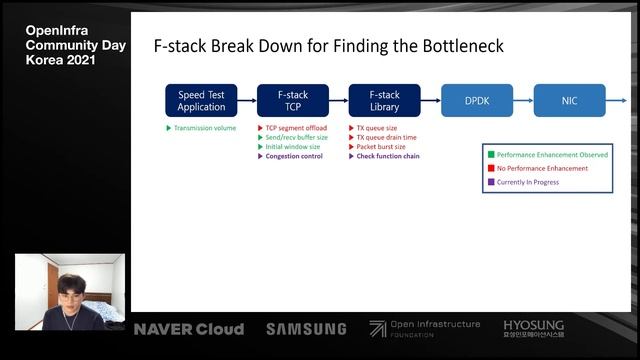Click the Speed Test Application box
tap(201, 101)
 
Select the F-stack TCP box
tap(293, 101)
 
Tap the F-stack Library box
tap(384, 101)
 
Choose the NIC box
tap(569, 101)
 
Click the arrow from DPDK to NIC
tap(522, 101)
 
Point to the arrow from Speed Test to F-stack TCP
tap(247, 101)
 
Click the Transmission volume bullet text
tap(204, 129)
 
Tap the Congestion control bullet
tap(294, 156)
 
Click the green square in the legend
tap(490, 155)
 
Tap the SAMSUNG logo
tap(306, 329)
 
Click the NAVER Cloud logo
tap(189, 329)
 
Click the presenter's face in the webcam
tap(69, 290)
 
